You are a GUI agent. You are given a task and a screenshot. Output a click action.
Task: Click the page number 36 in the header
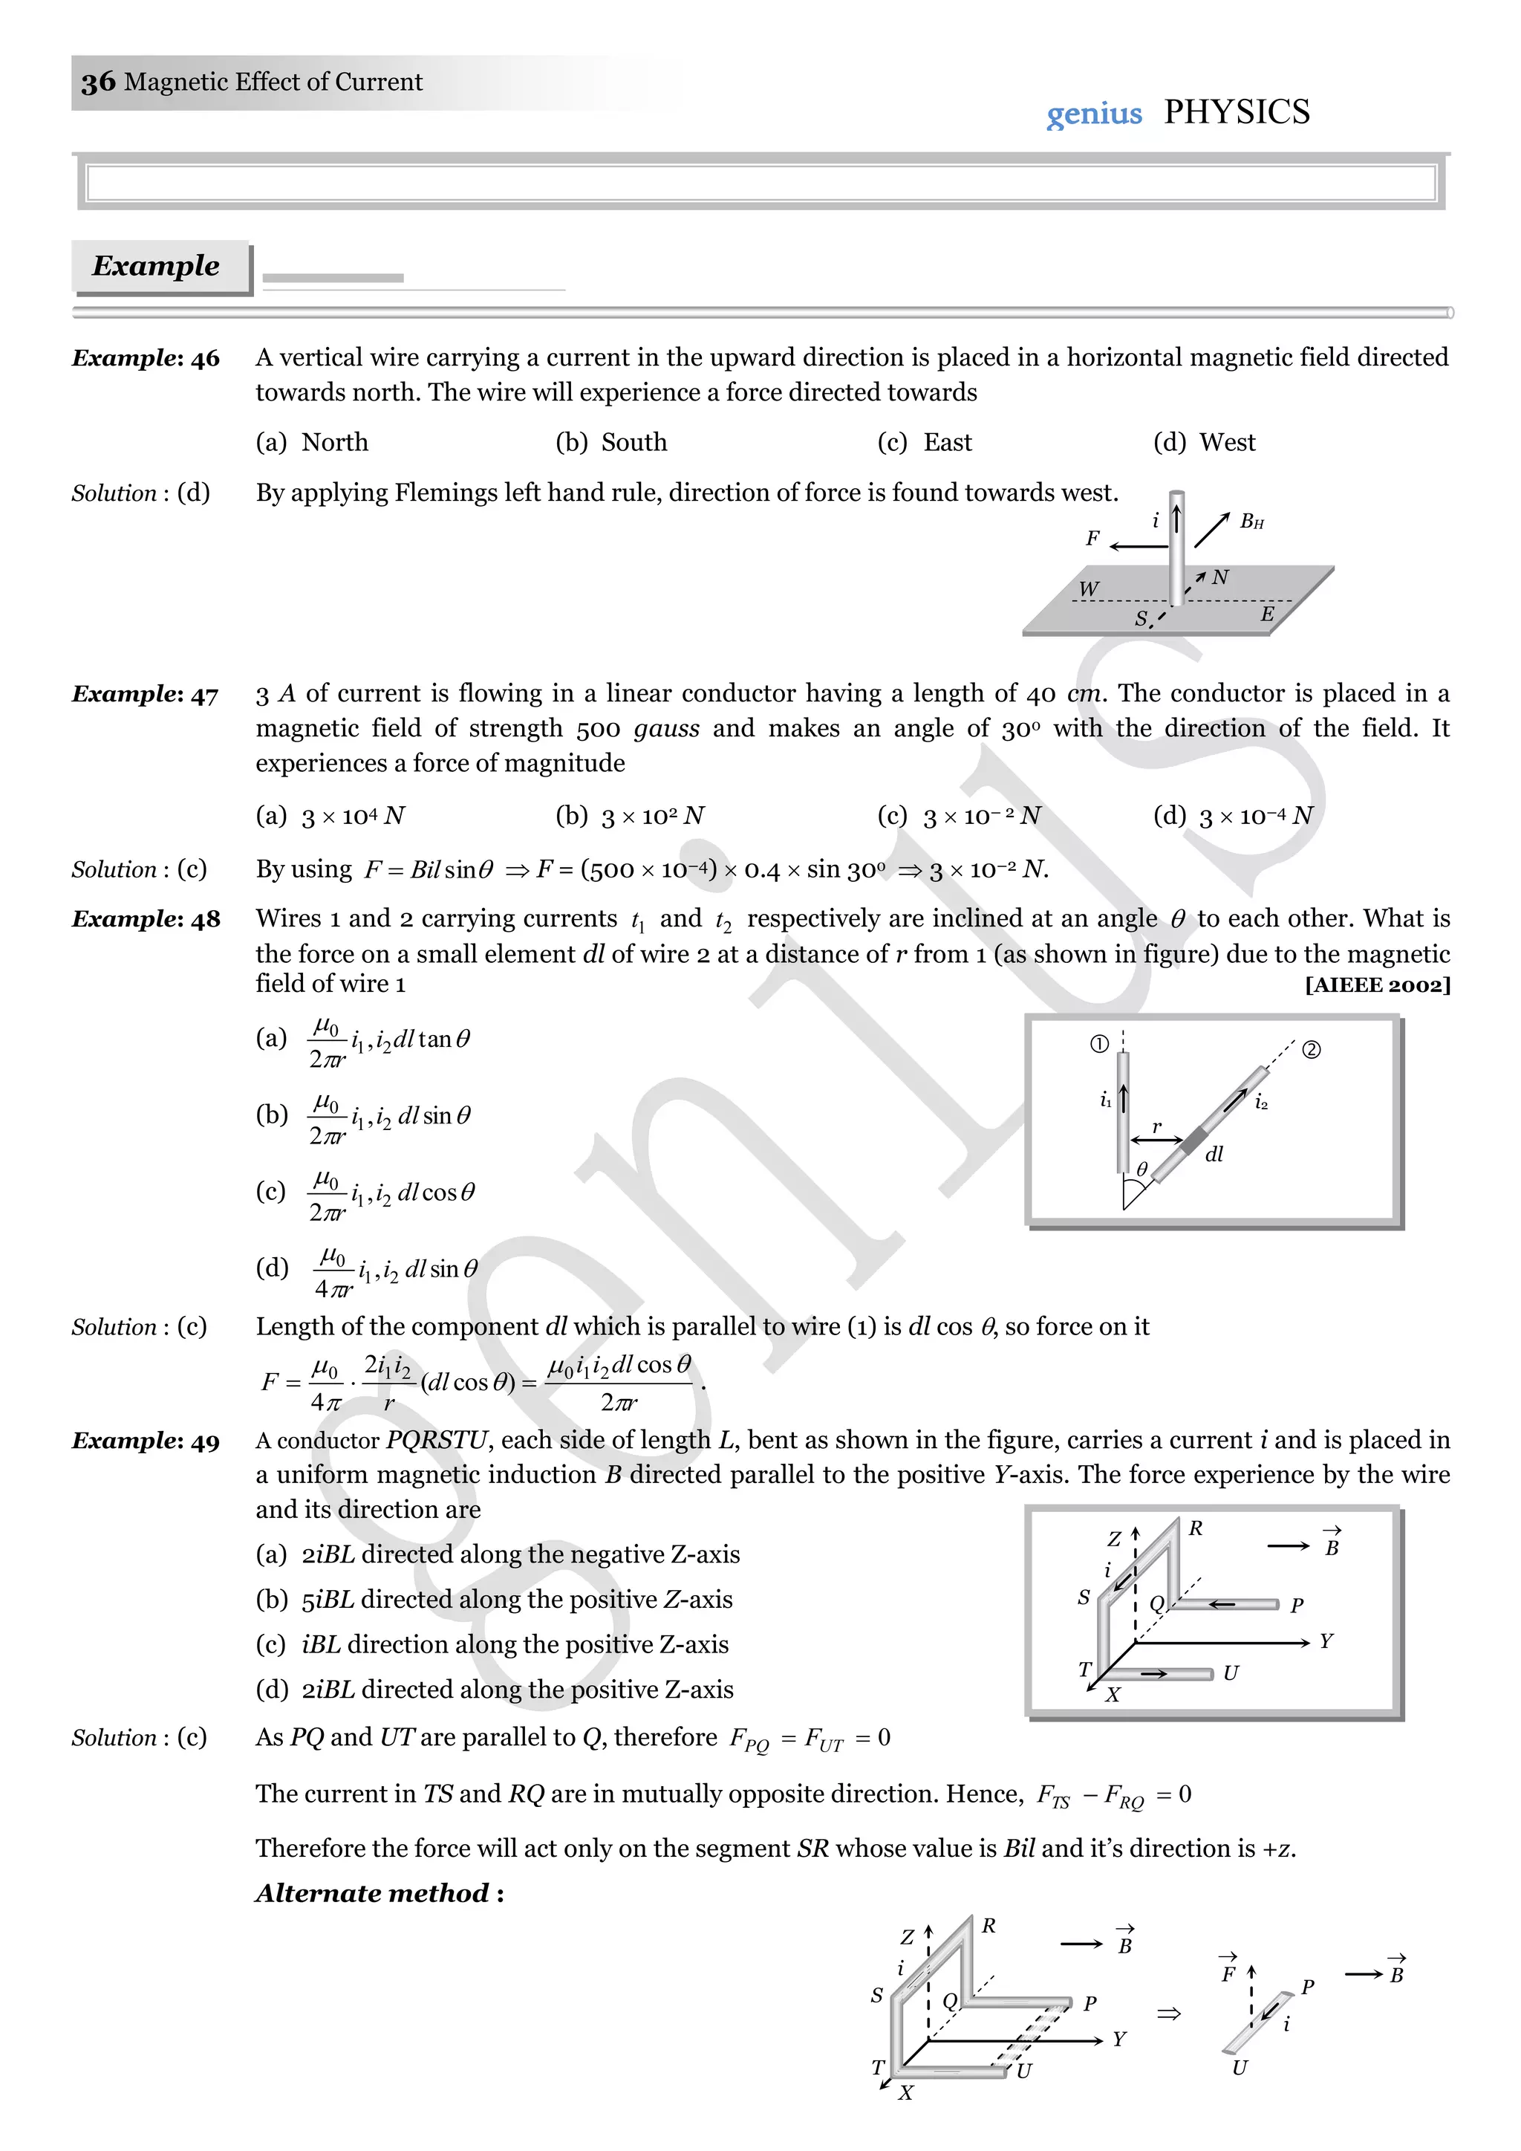point(98,82)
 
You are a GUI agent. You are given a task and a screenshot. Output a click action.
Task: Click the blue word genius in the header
point(1094,114)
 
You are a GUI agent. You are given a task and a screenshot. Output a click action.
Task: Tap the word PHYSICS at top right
point(1237,112)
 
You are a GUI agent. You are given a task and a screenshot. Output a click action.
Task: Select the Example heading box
point(157,266)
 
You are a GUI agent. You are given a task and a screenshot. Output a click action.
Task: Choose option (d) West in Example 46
point(1205,442)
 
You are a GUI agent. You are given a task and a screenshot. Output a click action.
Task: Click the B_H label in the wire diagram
point(1251,522)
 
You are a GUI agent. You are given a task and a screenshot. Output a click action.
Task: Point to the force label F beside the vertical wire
point(1092,538)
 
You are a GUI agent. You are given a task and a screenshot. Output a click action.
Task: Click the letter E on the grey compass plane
point(1266,614)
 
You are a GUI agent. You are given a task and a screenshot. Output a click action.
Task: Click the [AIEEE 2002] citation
point(1377,984)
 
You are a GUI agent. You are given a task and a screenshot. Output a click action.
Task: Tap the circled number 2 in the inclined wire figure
point(1312,1049)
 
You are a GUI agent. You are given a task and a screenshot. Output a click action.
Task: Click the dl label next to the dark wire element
point(1214,1154)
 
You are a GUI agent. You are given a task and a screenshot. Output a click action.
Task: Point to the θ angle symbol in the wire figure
point(1141,1169)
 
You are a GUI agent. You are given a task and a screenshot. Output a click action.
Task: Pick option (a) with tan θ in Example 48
point(365,1040)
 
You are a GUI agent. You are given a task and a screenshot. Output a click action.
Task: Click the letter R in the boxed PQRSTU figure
point(1195,1529)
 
